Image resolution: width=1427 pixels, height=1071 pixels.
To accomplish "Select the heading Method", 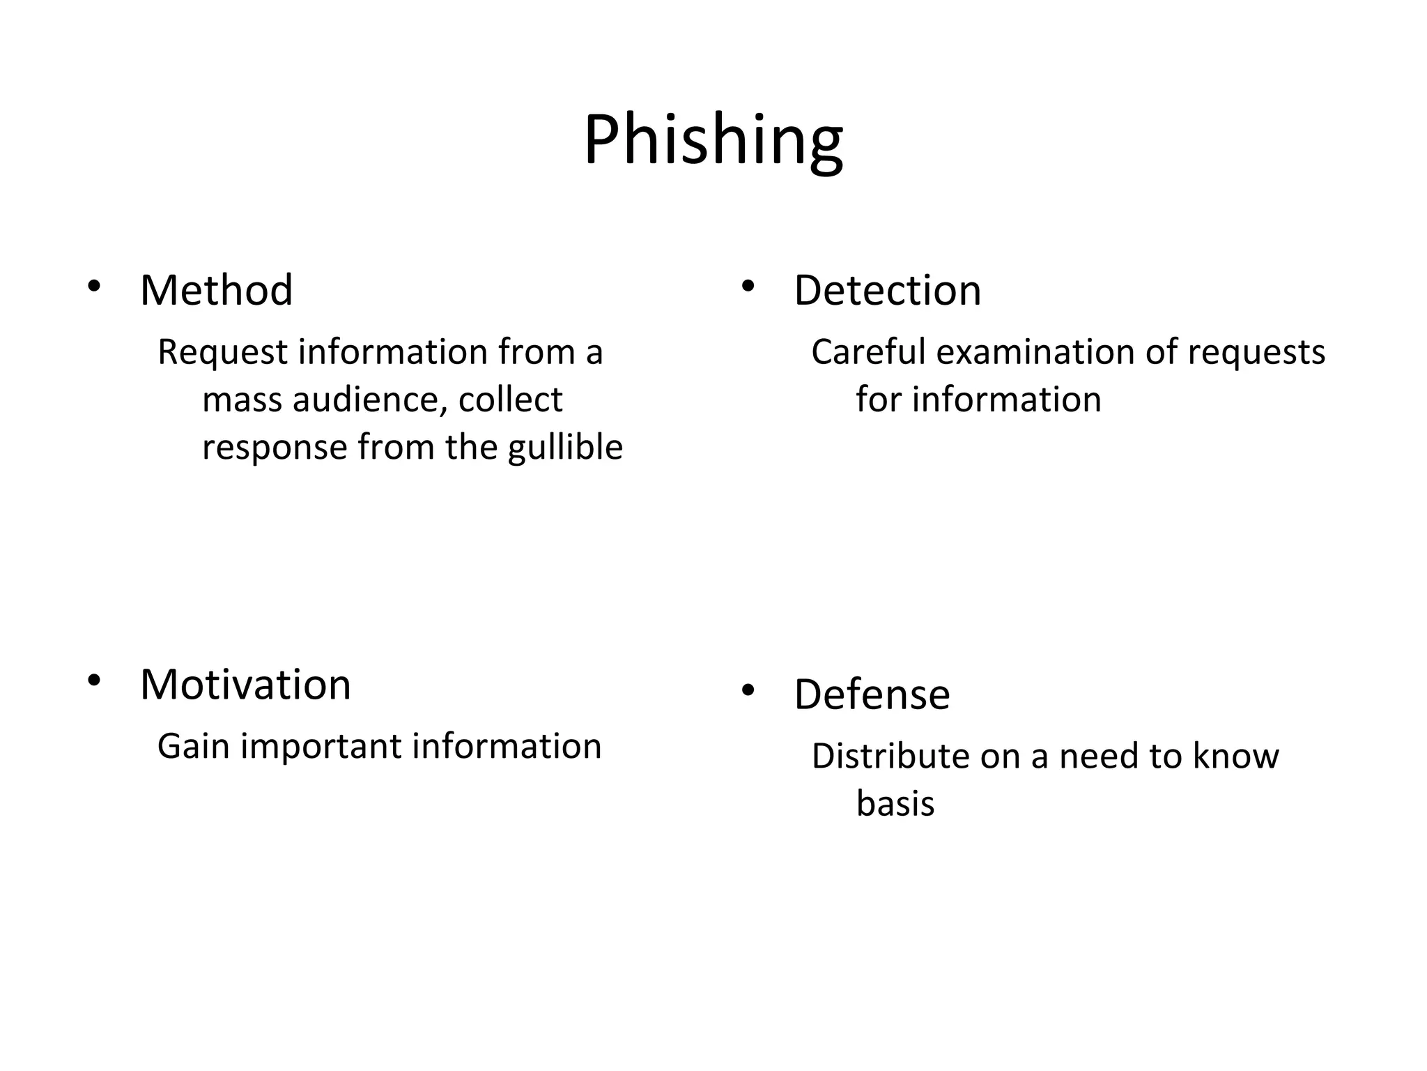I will (216, 290).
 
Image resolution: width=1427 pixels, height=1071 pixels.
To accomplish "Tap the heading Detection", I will (887, 290).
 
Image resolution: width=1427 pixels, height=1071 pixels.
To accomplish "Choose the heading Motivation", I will (245, 685).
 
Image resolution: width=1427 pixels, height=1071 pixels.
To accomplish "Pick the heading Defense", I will (872, 694).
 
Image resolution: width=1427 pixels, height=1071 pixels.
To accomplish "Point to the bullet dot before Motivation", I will (94, 680).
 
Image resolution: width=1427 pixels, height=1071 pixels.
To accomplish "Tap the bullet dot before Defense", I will (748, 690).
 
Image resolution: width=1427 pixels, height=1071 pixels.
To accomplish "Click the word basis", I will (895, 804).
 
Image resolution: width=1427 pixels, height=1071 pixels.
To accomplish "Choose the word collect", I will (510, 400).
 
